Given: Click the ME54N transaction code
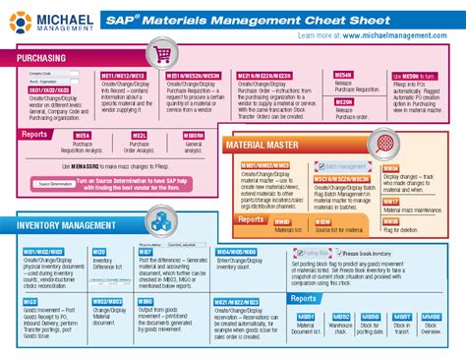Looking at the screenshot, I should coord(343,75).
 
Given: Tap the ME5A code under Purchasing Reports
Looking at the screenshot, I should coord(83,135).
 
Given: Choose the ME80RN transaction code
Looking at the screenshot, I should coord(194,135).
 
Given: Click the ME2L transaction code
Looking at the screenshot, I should coord(140,135).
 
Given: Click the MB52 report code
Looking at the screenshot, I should coord(337,318).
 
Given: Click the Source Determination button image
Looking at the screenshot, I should coord(55,184).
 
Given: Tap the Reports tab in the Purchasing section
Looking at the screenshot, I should coord(35,135).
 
